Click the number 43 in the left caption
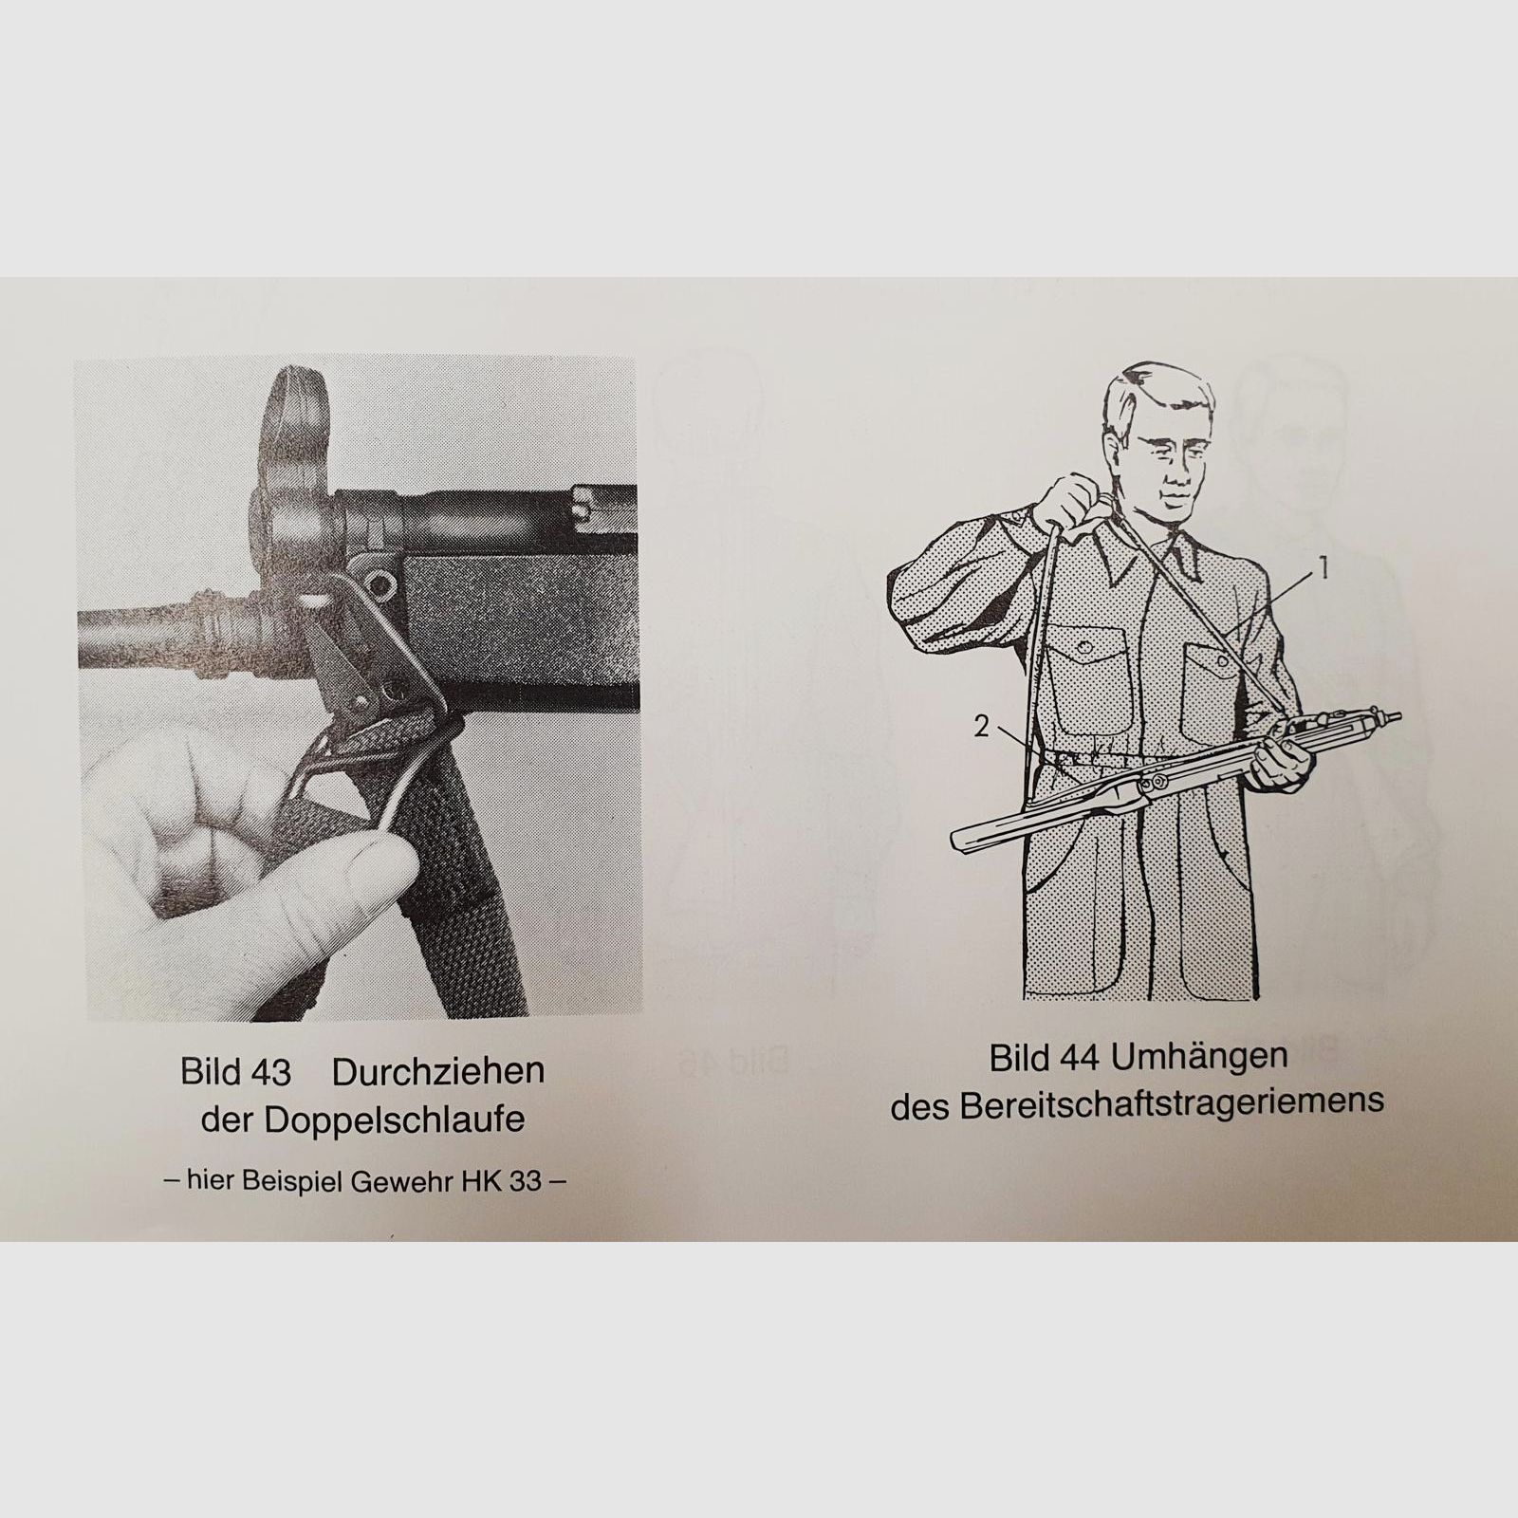(x=269, y=1072)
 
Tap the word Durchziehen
(x=438, y=1072)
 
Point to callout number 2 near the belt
(x=981, y=726)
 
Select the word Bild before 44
(x=1020, y=1058)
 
